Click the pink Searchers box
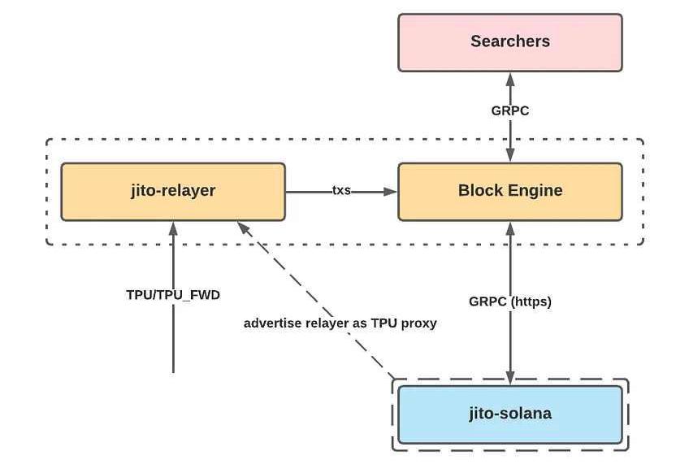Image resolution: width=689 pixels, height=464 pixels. tap(510, 42)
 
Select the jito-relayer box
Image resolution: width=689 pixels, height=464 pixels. tap(173, 192)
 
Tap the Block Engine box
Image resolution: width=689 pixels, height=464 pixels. tap(510, 192)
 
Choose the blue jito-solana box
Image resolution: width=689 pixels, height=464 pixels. tap(510, 414)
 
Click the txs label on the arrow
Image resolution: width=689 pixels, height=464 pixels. tap(341, 190)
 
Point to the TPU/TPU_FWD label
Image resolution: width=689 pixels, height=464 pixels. tap(173, 295)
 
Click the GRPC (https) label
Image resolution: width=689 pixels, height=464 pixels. tap(510, 301)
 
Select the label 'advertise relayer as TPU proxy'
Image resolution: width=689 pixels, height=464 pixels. tap(340, 323)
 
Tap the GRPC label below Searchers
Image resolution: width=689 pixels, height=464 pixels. tap(510, 111)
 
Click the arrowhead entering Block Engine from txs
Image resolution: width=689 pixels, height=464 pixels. tap(390, 192)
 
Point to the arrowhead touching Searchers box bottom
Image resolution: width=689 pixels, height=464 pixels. tap(510, 79)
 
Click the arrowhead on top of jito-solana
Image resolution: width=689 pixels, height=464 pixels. tap(510, 379)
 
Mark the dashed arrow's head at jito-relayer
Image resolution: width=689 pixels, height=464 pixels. tap(244, 228)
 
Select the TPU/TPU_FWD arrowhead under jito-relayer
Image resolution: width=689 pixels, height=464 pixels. tap(173, 228)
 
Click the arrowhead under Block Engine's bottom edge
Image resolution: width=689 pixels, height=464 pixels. tap(510, 228)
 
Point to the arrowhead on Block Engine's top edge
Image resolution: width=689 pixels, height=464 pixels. tap(510, 155)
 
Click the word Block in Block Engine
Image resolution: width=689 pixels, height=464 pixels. tap(481, 190)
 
